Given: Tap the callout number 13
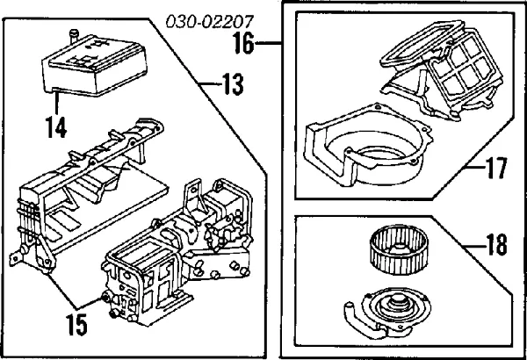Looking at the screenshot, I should coord(230,86).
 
